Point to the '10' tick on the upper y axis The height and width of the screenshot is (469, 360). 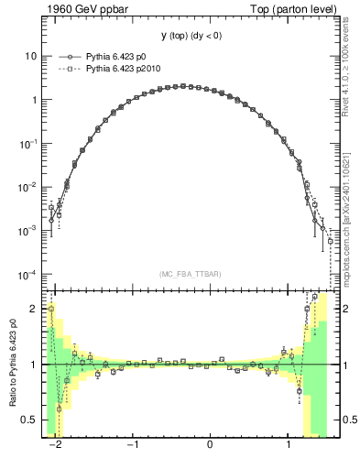pos(31,56)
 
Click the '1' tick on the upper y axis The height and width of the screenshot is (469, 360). pos(34,100)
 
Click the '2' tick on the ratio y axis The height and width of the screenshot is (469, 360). pos(34,310)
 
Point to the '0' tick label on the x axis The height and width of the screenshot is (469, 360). pos(211,446)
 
